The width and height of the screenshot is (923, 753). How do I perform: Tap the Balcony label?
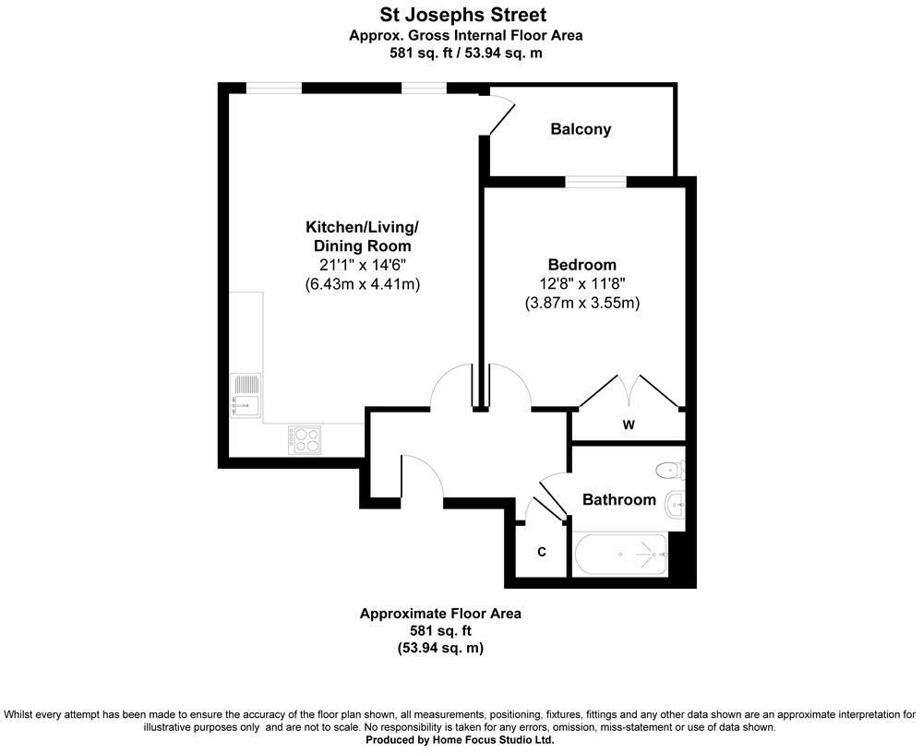point(581,129)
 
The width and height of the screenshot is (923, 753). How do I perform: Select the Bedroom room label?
point(581,265)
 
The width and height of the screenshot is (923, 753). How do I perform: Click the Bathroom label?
point(618,500)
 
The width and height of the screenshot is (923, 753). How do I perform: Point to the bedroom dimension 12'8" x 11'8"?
point(581,283)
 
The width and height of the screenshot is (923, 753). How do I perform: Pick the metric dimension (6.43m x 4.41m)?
point(362,284)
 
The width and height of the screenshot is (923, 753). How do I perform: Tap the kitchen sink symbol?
point(246,392)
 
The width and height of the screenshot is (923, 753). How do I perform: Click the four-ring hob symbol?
point(304,439)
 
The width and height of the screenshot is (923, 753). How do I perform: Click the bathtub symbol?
point(619,555)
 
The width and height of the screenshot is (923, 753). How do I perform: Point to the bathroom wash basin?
point(675,503)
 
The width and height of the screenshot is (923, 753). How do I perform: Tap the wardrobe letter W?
point(628,424)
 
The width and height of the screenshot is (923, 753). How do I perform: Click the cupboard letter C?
point(542,552)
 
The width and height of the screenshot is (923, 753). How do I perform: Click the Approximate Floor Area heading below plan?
point(440,614)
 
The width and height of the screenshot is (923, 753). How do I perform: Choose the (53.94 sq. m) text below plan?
point(440,649)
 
